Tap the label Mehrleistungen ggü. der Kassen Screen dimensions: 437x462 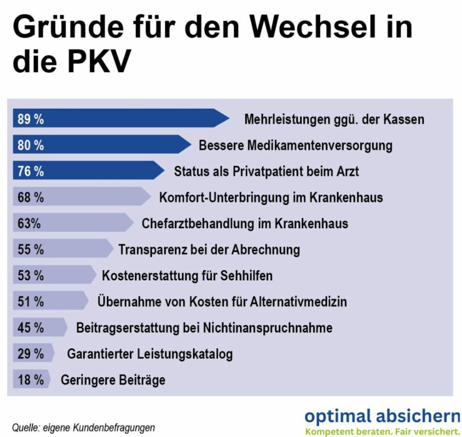334,119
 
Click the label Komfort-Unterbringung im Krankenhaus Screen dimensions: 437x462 271,197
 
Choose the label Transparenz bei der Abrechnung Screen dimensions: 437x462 209,249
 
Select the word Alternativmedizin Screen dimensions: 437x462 298,302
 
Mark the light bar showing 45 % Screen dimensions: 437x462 39,328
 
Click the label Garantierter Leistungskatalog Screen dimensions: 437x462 150,354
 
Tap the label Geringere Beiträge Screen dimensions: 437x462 113,380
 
